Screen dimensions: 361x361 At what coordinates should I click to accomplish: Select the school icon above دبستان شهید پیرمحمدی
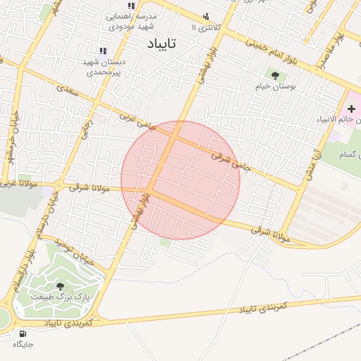[104, 51]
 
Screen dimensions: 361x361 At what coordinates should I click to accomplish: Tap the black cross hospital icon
[352, 109]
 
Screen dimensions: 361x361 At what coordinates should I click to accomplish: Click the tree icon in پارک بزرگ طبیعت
[60, 286]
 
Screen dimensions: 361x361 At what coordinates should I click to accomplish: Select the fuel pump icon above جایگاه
[23, 333]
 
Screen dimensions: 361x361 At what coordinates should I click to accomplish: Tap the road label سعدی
[66, 89]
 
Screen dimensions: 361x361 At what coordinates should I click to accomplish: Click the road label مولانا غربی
[15, 185]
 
